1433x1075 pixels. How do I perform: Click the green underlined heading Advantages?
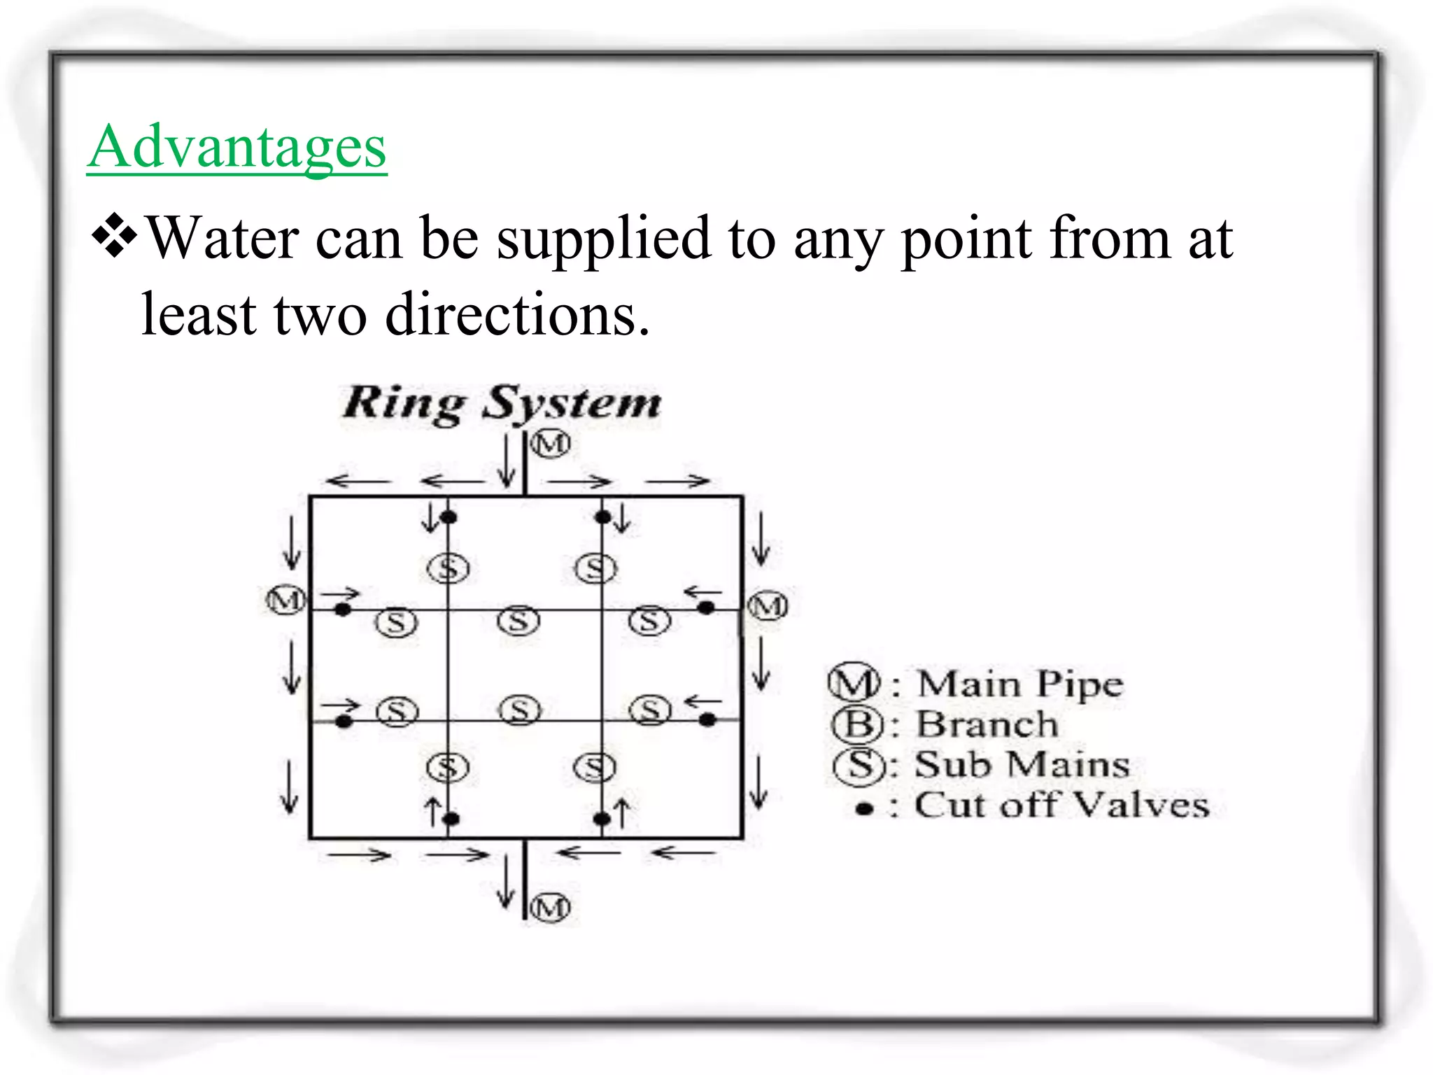pos(237,147)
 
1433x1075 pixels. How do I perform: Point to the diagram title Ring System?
pos(502,404)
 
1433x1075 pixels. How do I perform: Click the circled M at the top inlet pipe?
pos(550,444)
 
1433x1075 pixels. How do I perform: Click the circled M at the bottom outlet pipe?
pos(550,908)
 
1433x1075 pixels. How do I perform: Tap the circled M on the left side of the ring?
pos(285,600)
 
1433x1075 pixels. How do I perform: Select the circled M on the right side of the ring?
pos(768,606)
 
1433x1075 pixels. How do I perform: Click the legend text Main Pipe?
pos(1020,684)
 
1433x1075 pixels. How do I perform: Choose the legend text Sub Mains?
pos(1022,764)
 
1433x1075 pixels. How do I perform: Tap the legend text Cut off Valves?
pos(1061,806)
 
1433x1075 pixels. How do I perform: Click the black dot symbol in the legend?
pos(865,809)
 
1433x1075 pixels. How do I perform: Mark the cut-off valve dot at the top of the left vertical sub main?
pos(449,518)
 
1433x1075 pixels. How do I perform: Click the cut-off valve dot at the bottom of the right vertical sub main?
pos(602,818)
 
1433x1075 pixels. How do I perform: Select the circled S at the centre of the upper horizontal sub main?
pos(518,621)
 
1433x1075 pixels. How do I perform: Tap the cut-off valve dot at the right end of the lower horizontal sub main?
pos(708,719)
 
